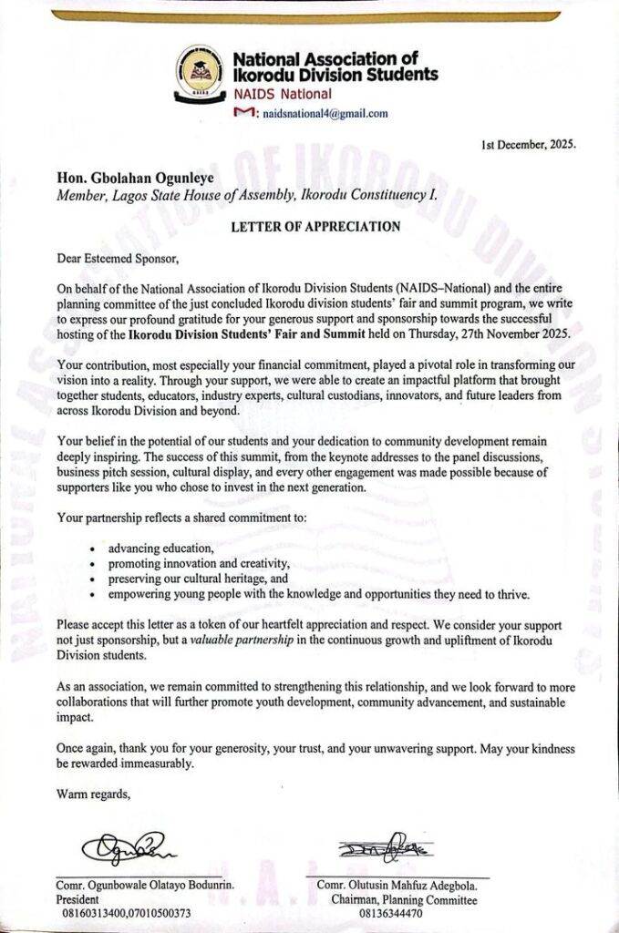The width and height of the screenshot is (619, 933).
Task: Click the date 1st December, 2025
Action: (x=527, y=145)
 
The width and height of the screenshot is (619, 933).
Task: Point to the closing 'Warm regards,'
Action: (x=94, y=794)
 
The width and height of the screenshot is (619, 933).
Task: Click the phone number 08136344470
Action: (x=392, y=913)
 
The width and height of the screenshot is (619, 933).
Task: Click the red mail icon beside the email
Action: (x=243, y=112)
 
